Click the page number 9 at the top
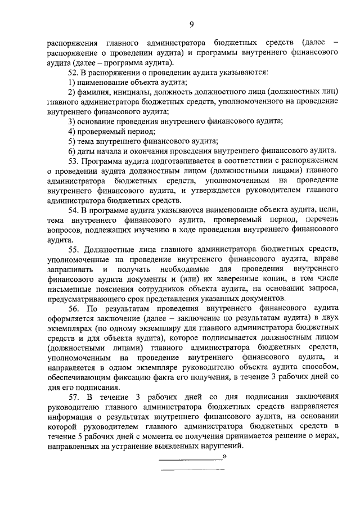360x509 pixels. click(x=192, y=23)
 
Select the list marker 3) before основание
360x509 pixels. click(x=71, y=121)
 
